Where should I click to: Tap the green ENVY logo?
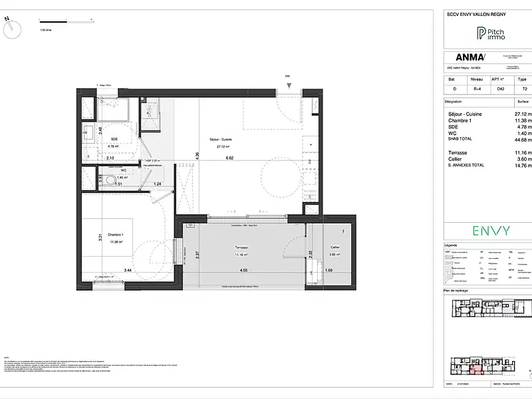tap(491, 231)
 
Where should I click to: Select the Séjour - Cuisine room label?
tap(219, 141)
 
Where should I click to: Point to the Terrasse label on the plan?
tap(241, 247)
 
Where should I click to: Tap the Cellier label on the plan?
tap(335, 247)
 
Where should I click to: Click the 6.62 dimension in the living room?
tap(230, 158)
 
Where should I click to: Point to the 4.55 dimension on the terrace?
tap(244, 271)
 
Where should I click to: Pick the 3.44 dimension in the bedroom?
tap(126, 271)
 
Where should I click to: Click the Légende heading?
tap(451, 245)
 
